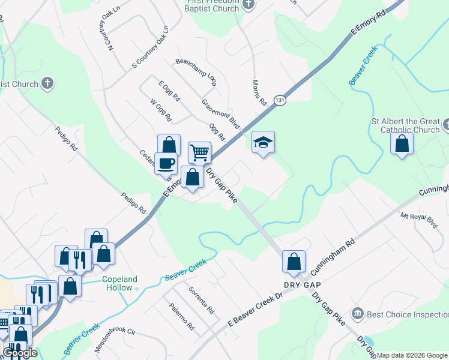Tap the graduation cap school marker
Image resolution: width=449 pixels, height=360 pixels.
pos(263,143)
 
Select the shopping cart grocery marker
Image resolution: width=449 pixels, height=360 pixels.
pos(199,152)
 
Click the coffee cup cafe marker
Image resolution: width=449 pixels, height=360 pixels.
pos(166,163)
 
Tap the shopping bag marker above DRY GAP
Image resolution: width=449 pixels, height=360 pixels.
pos(294,262)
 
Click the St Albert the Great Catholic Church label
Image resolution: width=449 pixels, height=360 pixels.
pos(405,125)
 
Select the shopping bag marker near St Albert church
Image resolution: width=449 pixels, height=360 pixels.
pos(402,144)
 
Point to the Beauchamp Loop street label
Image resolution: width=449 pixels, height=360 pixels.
pos(196,70)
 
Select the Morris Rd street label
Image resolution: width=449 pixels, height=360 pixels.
pos(259,93)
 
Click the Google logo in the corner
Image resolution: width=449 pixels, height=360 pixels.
pos(20,353)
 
